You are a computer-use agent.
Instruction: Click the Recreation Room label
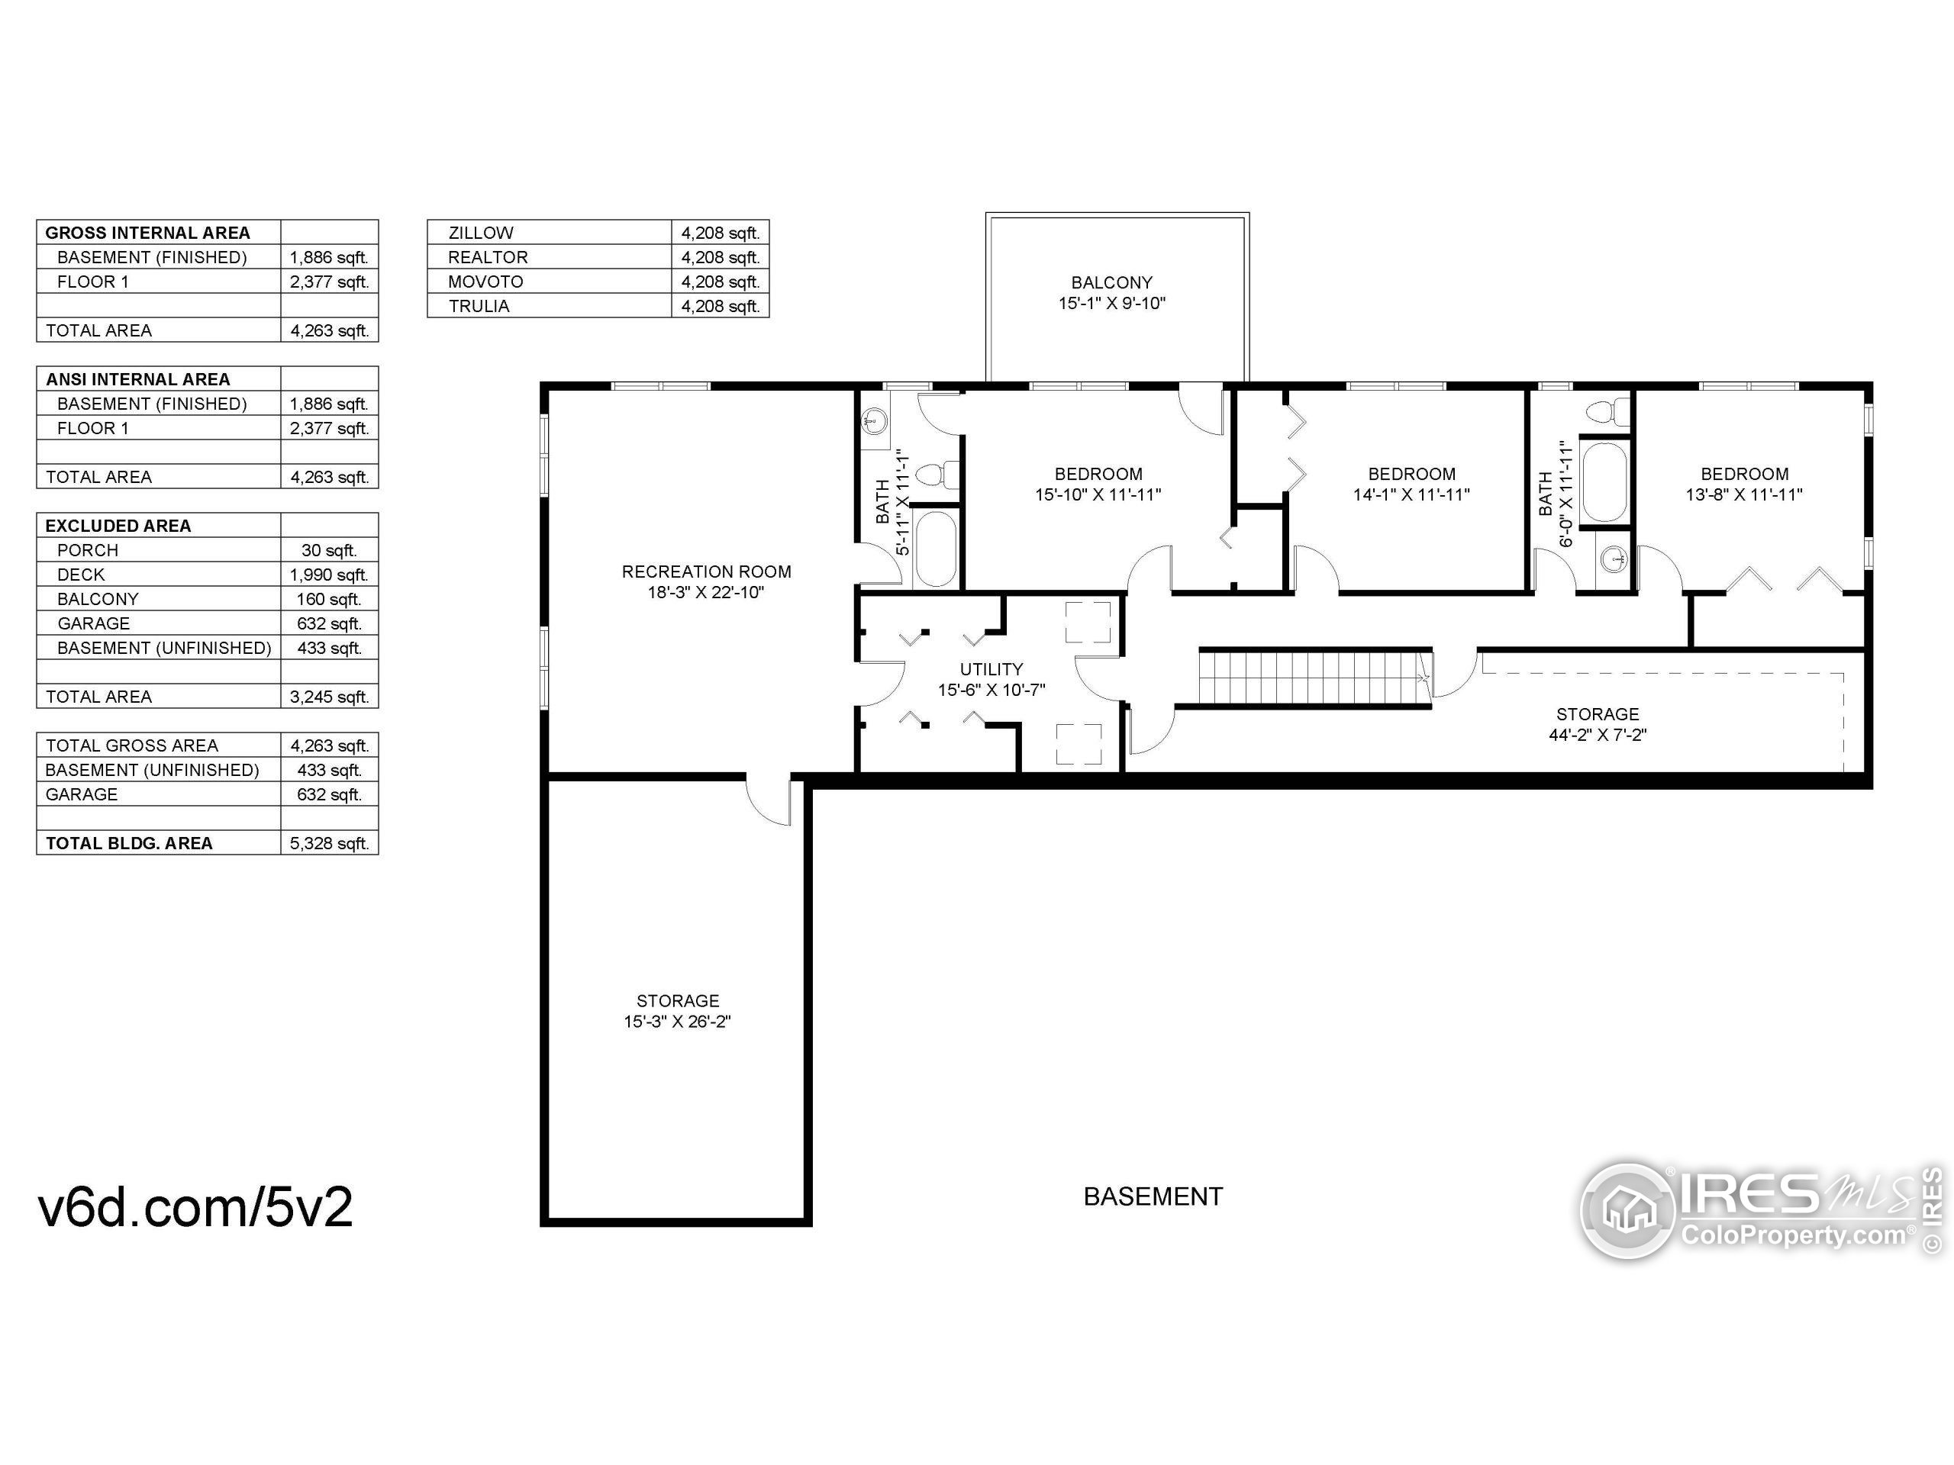(706, 572)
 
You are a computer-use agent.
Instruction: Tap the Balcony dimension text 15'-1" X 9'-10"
(1111, 304)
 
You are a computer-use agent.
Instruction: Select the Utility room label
(992, 669)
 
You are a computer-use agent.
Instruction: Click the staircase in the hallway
(1313, 678)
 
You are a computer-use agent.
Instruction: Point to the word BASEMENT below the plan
(1153, 1196)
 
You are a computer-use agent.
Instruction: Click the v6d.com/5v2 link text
(195, 1206)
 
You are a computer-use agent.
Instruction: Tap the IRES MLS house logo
(1627, 1210)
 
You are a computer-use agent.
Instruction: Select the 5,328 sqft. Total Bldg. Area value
(329, 843)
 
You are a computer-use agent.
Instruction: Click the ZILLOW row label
(481, 233)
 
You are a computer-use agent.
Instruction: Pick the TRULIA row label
(479, 307)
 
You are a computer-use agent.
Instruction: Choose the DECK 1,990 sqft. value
(329, 575)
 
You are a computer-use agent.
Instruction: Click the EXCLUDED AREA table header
(118, 526)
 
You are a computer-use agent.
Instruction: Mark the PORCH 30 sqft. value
(329, 550)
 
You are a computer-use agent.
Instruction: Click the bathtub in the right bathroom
(1604, 483)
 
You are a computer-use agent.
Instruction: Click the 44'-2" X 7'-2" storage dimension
(1597, 735)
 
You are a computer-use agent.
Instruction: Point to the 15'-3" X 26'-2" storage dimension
(678, 1022)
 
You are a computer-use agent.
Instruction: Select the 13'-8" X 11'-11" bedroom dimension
(1744, 495)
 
